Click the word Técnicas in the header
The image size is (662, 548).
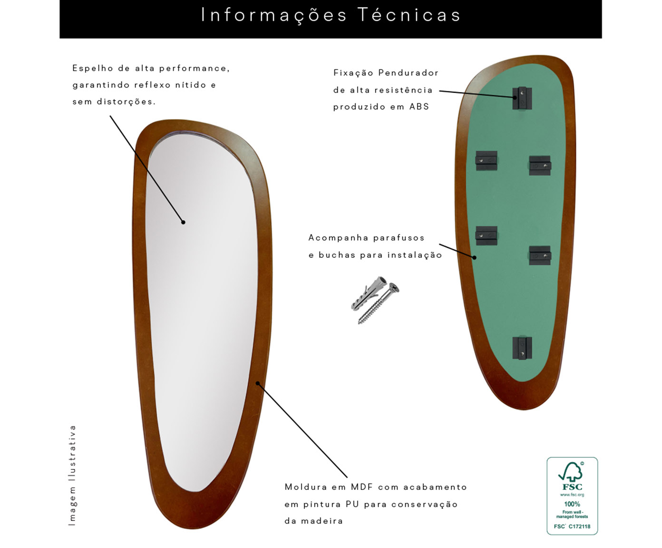point(409,15)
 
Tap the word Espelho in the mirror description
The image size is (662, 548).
point(93,68)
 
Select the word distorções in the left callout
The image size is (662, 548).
point(126,101)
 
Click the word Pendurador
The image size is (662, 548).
point(408,73)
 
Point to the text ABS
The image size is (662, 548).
point(419,107)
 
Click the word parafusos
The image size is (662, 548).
point(399,238)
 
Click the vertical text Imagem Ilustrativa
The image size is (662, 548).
point(72,475)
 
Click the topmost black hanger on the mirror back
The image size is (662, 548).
point(522,98)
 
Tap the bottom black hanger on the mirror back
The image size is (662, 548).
point(522,348)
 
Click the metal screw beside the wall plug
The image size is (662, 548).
point(379,303)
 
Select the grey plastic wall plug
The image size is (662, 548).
point(369,293)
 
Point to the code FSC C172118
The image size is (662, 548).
point(572,527)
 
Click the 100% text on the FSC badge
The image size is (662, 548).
point(572,504)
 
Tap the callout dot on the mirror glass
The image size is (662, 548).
point(183,222)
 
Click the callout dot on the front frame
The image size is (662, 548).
point(258,383)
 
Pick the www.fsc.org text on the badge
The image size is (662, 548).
point(572,494)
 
